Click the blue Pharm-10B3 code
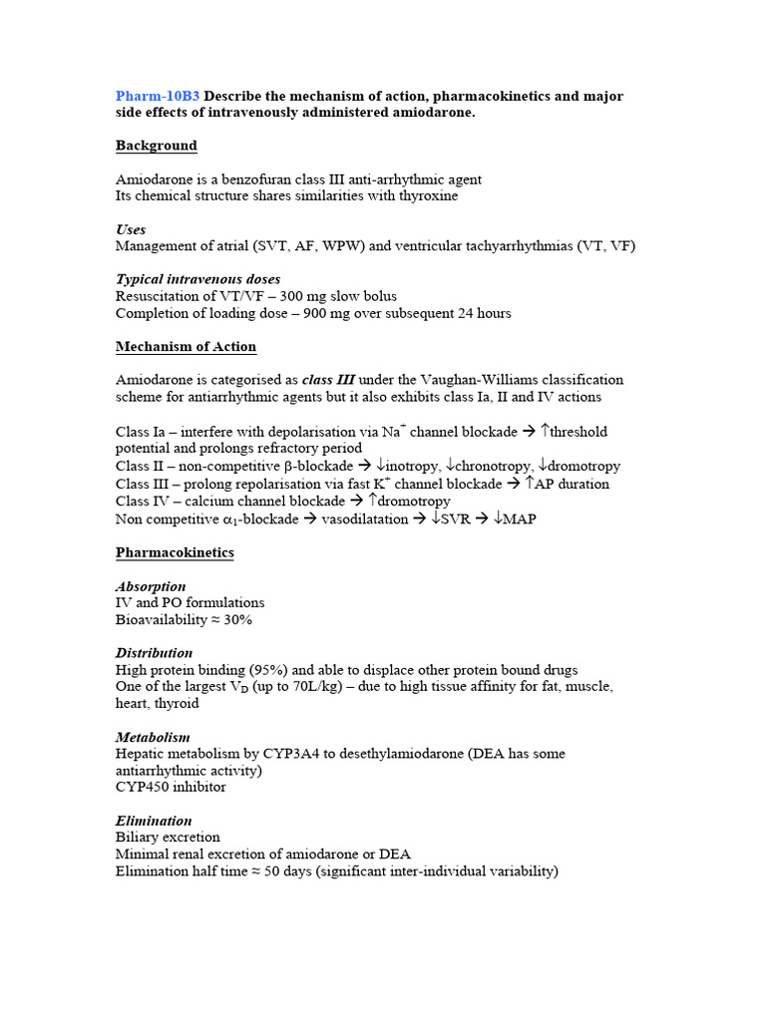tap(158, 96)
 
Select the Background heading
tap(157, 146)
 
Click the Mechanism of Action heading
tap(186, 347)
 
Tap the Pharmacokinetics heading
tap(175, 552)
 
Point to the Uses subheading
tap(131, 229)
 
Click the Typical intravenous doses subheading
tap(197, 279)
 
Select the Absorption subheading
tap(151, 586)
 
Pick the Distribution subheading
tap(155, 653)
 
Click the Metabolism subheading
tap(153, 737)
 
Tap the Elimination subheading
tap(154, 821)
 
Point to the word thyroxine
tap(425, 195)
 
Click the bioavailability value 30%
tap(238, 620)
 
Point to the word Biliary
tap(138, 838)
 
